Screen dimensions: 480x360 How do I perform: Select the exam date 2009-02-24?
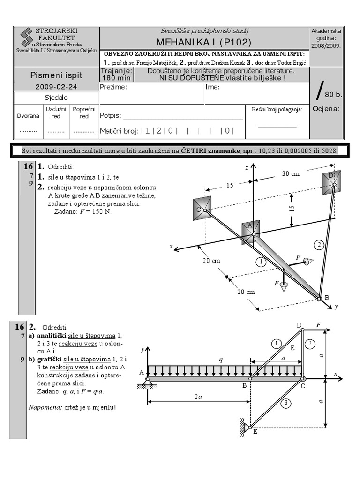pyautogui.click(x=56, y=87)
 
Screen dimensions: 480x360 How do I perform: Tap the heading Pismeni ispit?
pyautogui.click(x=56, y=75)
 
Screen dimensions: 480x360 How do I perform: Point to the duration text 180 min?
pyautogui.click(x=116, y=78)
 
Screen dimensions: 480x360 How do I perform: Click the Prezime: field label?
pyautogui.click(x=113, y=87)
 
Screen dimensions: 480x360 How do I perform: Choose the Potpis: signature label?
pyautogui.click(x=111, y=115)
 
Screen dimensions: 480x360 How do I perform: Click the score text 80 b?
pyautogui.click(x=333, y=94)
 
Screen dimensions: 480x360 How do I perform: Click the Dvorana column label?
pyautogui.click(x=28, y=116)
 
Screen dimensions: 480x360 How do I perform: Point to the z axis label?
pyautogui.click(x=246, y=167)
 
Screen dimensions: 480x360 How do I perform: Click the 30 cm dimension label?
pyautogui.click(x=290, y=173)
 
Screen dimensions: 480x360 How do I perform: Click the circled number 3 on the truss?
pyautogui.click(x=287, y=402)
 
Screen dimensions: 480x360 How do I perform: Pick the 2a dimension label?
pyautogui.click(x=199, y=397)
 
